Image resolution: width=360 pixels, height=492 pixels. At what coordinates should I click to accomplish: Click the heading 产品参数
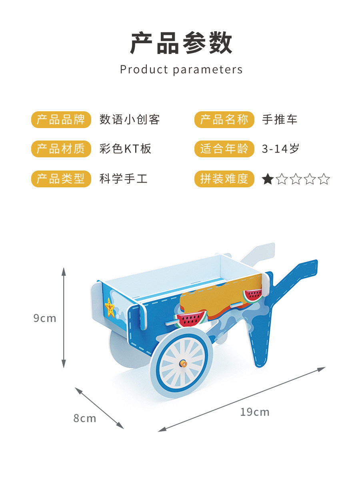point(181,43)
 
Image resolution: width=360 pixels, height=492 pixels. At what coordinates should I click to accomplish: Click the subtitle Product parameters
point(181,70)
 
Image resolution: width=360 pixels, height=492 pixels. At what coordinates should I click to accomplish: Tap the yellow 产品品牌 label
point(61,120)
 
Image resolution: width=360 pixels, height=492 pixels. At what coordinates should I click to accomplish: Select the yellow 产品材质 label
point(61,149)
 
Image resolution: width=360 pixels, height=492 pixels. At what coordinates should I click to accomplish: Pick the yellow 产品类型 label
point(61,179)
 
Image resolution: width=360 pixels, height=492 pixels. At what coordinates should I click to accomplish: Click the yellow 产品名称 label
point(224,120)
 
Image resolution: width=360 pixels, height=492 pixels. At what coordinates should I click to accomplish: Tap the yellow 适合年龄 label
point(224,149)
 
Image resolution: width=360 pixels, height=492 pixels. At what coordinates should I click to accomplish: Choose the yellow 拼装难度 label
point(224,179)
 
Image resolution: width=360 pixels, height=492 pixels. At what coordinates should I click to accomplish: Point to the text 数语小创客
point(130,120)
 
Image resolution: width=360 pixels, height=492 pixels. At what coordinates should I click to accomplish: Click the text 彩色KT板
point(126,149)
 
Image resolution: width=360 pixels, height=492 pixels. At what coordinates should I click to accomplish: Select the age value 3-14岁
point(280,149)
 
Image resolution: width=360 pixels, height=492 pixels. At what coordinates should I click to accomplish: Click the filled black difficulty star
point(267,179)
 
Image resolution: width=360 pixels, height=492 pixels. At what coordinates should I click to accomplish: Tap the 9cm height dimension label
point(45,318)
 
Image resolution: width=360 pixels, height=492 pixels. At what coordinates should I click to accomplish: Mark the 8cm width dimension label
point(85,418)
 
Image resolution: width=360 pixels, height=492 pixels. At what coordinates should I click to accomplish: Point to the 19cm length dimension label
point(255,412)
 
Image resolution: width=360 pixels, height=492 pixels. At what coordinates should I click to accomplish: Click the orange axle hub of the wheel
point(183,363)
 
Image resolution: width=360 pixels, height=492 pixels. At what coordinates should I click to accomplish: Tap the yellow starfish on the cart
point(109,307)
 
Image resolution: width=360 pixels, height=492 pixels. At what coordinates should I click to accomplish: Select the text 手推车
point(280,120)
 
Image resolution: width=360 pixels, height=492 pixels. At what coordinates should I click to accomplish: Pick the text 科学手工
point(124,179)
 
